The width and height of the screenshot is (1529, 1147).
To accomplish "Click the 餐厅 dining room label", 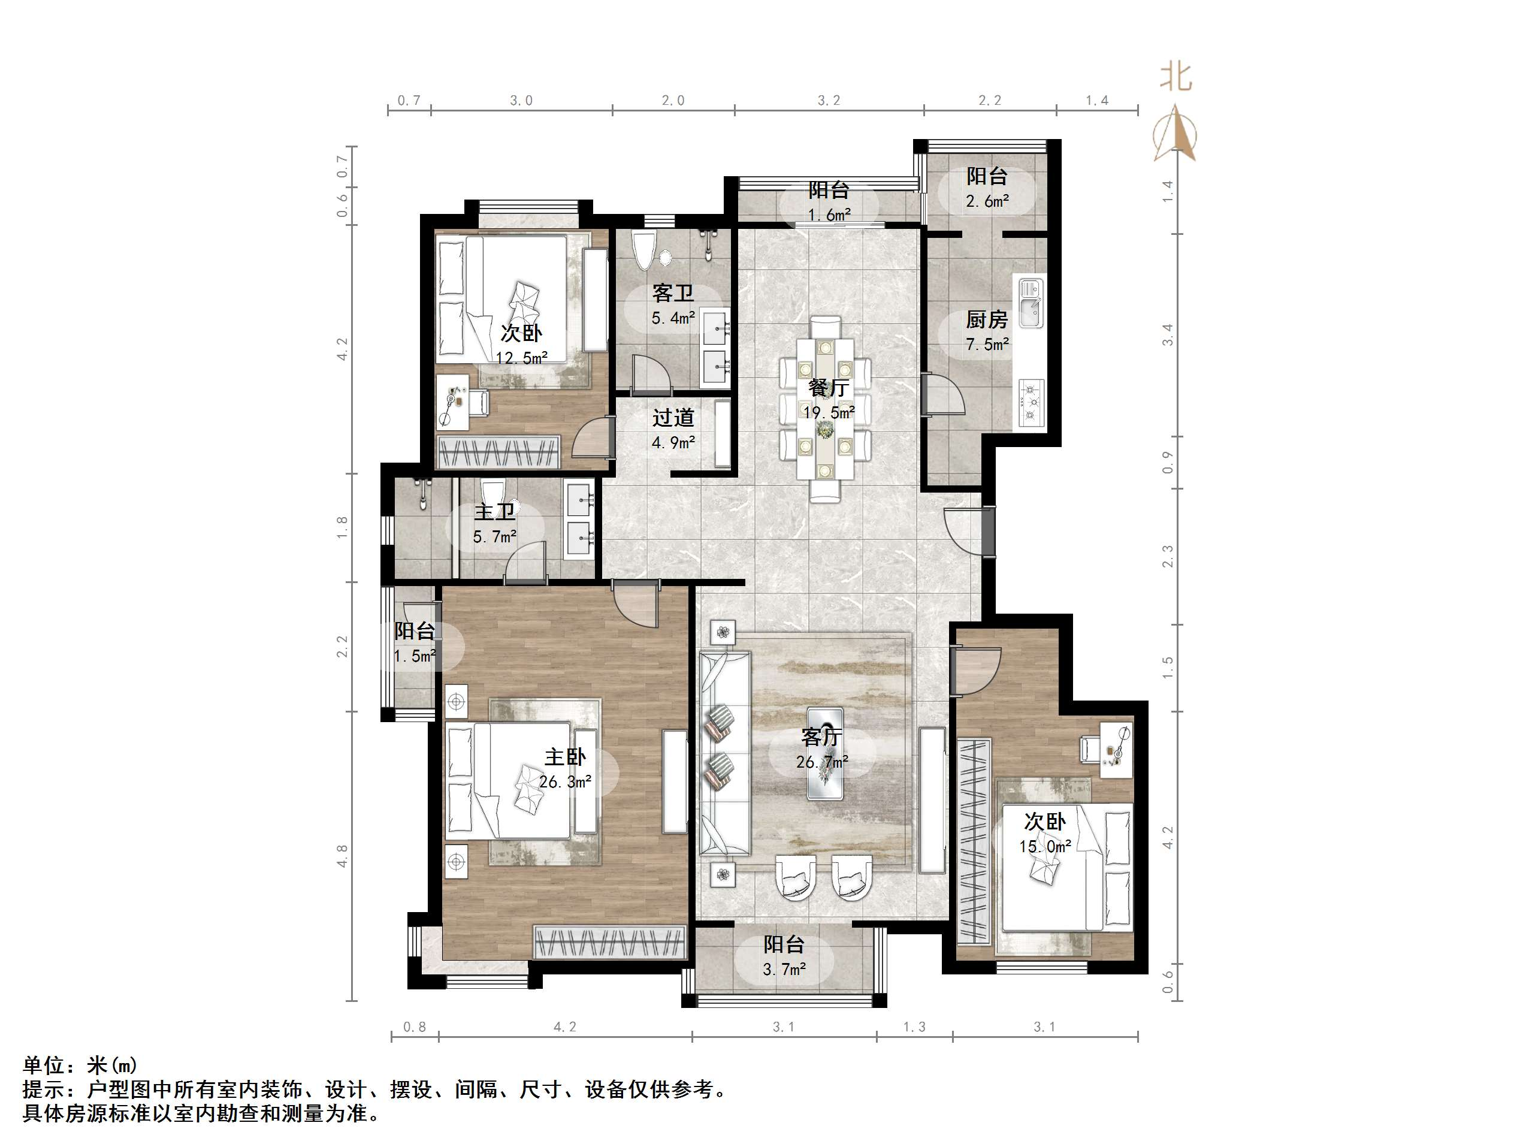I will point(828,387).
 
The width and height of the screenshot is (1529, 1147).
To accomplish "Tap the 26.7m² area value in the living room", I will point(822,762).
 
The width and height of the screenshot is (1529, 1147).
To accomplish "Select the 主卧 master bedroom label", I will point(565,756).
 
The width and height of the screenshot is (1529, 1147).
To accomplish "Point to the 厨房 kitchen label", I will point(986,319).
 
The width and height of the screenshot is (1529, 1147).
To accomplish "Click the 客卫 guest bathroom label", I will point(673,293).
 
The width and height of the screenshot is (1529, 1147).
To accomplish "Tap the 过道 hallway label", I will point(673,418).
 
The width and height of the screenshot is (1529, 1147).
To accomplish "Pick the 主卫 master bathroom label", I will point(494,512).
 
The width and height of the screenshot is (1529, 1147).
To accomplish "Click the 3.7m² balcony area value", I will point(784,970).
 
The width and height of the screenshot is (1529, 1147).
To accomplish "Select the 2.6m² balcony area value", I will point(987,201).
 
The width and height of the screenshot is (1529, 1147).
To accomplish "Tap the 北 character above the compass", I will point(1175,77).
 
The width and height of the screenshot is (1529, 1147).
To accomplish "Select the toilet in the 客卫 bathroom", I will point(643,251).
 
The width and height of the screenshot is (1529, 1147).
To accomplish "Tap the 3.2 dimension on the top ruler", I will point(829,101).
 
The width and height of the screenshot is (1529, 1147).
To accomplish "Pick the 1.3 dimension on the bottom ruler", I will point(914,1027).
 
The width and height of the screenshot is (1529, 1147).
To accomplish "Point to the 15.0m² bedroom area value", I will point(1044,846).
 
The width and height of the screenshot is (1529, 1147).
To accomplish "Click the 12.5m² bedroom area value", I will point(521,358).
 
